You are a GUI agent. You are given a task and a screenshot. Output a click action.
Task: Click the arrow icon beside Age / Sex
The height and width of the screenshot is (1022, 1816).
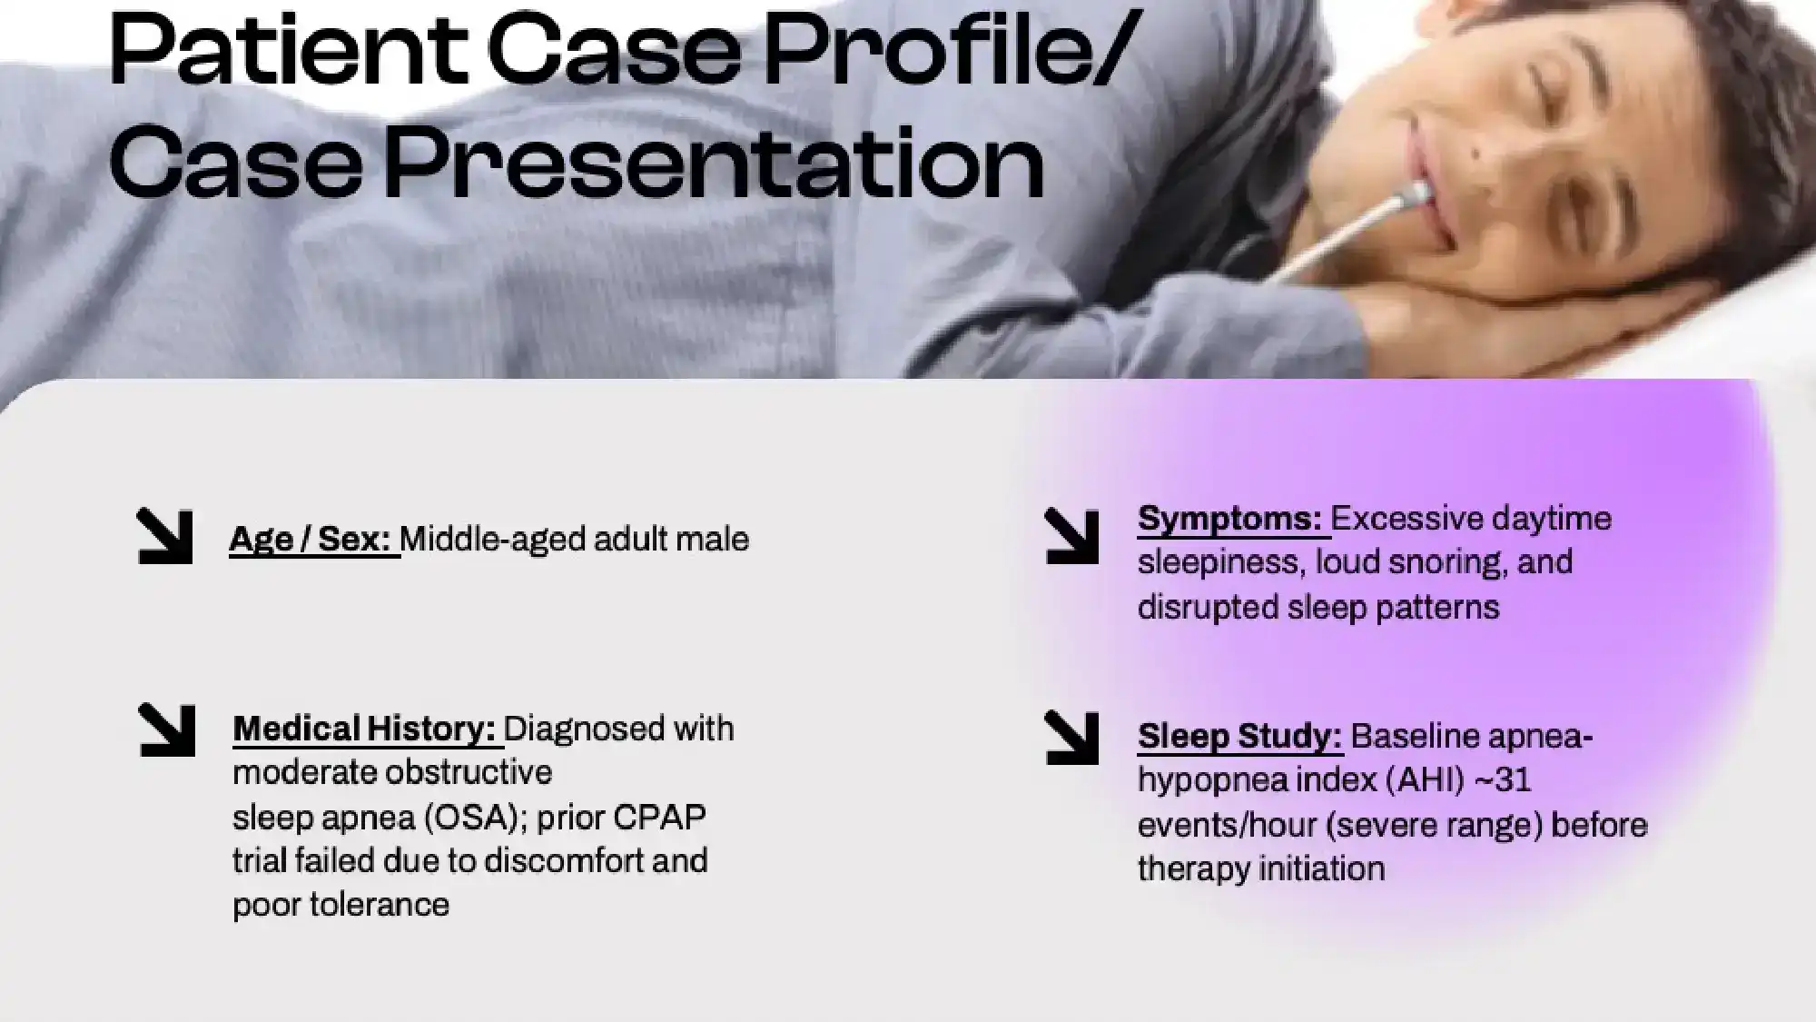click(164, 536)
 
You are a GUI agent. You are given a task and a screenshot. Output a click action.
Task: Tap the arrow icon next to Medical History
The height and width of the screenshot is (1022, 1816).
click(167, 730)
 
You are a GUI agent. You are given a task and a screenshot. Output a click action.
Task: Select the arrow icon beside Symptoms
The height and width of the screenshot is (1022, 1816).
click(1071, 536)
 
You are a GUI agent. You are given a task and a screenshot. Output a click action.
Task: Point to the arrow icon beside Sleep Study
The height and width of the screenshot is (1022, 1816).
click(1071, 737)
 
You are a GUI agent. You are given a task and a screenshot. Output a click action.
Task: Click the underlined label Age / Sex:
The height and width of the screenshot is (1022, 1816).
click(312, 540)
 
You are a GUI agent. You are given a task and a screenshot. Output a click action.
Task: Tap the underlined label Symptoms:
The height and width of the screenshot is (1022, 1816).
click(1230, 519)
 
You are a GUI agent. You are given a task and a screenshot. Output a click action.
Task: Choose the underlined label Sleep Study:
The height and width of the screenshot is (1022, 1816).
click(1239, 736)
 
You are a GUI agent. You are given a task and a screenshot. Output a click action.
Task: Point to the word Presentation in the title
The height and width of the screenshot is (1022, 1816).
click(713, 165)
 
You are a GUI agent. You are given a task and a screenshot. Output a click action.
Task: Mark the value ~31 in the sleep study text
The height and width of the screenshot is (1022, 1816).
click(1503, 779)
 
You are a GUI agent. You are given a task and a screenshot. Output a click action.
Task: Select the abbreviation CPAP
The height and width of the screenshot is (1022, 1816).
click(659, 817)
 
